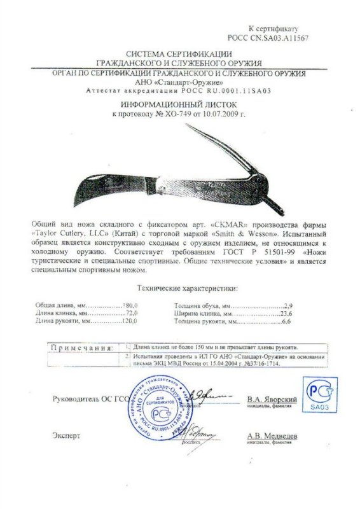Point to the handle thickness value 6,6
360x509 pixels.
[286, 323]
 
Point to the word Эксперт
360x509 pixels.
[67, 436]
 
